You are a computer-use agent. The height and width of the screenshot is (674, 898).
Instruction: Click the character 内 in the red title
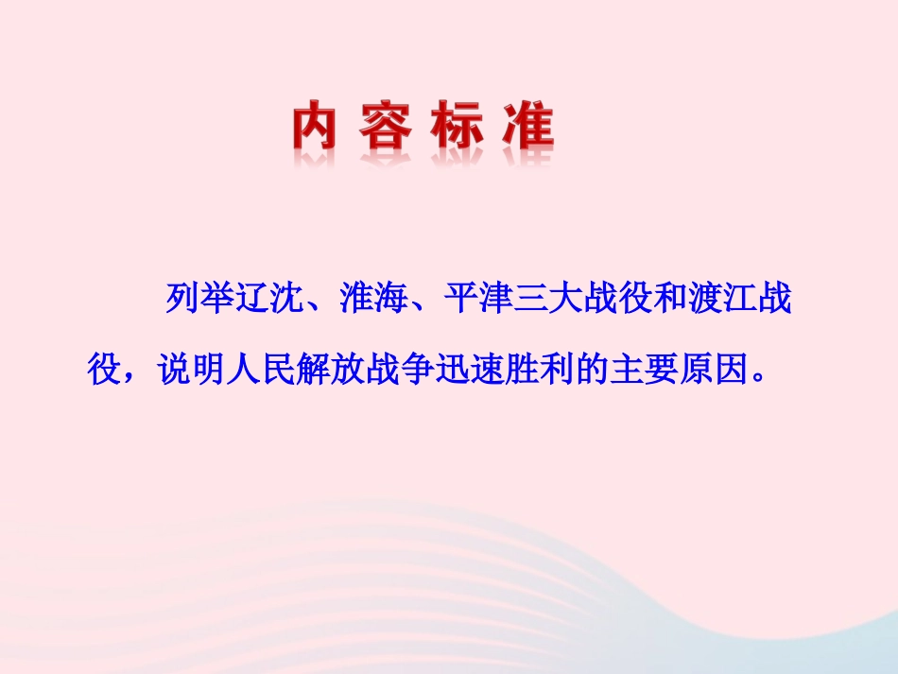point(315,128)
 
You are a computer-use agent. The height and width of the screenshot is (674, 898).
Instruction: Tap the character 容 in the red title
point(385,128)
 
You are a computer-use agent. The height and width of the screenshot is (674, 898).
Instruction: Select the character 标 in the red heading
point(457,128)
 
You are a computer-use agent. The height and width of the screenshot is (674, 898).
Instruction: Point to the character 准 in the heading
point(527,128)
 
